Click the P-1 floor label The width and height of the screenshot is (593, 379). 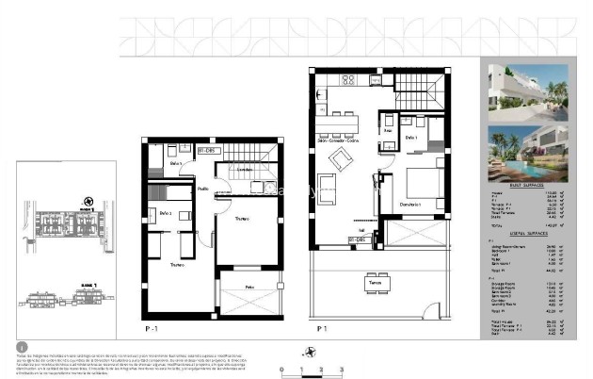coord(151,330)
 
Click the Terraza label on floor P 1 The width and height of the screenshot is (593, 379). coord(376,282)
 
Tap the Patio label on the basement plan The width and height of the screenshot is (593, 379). coord(249,286)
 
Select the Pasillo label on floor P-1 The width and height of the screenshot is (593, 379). coord(202,189)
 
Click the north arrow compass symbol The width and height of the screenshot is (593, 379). coord(88,200)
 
